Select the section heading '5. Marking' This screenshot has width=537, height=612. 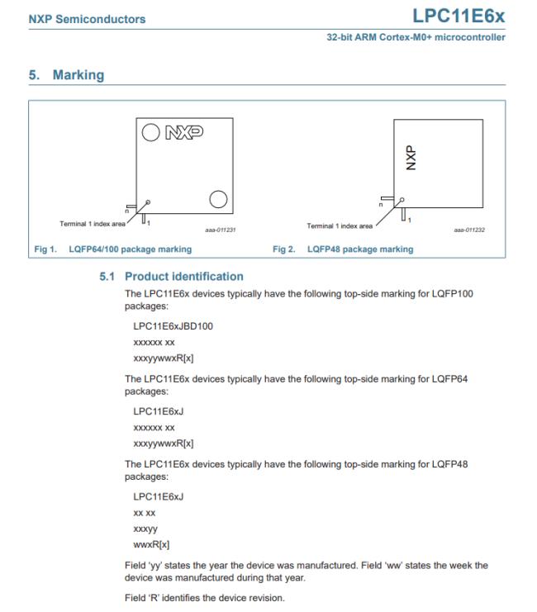(68, 75)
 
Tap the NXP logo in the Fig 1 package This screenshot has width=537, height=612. (187, 131)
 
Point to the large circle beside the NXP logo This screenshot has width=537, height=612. (151, 131)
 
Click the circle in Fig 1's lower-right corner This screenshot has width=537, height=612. (218, 198)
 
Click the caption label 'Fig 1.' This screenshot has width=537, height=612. (45, 249)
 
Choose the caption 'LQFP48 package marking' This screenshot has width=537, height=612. (360, 249)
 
